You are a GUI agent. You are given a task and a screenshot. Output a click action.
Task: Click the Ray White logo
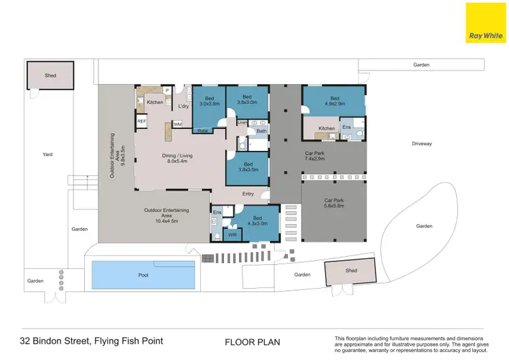tap(485, 23)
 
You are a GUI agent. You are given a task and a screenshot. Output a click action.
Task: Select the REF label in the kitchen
tap(142, 121)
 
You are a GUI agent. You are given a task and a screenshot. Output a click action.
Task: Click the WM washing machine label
tap(177, 124)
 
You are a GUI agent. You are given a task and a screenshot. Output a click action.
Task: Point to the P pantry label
tap(167, 90)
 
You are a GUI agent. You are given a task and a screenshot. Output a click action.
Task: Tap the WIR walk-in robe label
tap(231, 234)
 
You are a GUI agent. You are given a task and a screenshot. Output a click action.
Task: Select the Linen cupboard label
tap(242, 122)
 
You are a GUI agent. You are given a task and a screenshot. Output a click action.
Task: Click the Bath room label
tap(261, 130)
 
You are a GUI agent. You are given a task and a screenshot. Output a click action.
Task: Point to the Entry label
tap(248, 194)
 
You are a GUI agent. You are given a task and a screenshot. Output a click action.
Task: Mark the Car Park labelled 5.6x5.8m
tap(334, 202)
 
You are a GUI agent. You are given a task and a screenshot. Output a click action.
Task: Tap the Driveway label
tap(421, 144)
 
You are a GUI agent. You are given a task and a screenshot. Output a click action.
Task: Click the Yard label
tap(48, 154)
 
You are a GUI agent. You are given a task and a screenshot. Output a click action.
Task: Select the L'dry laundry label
tap(183, 107)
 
